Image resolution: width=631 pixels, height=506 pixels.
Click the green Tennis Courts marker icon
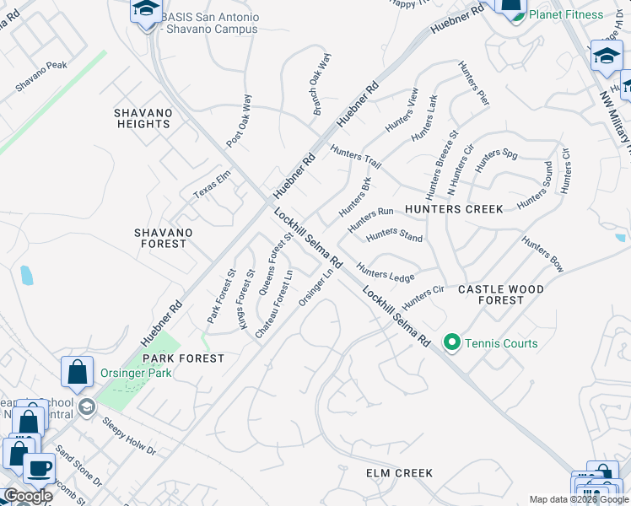click(452, 342)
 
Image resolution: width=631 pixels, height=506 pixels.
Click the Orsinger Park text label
click(135, 373)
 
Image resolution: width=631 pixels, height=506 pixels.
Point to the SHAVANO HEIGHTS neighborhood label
click(143, 118)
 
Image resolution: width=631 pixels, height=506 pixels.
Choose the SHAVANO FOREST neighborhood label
click(164, 238)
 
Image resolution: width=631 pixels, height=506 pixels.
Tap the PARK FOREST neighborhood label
click(188, 358)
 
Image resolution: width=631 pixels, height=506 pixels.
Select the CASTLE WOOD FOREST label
click(500, 294)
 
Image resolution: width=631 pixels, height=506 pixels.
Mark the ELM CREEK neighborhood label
click(400, 473)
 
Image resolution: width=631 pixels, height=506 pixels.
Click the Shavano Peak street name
click(40, 77)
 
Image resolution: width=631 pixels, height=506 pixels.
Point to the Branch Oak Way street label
click(322, 84)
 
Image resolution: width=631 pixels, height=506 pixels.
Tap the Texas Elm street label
click(212, 184)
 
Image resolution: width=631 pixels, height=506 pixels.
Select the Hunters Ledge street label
click(385, 272)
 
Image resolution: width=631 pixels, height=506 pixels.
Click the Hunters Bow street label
click(542, 254)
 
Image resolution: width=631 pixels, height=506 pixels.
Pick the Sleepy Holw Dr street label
click(129, 435)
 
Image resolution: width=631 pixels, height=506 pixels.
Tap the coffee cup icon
click(38, 468)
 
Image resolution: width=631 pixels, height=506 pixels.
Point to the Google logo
click(27, 496)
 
